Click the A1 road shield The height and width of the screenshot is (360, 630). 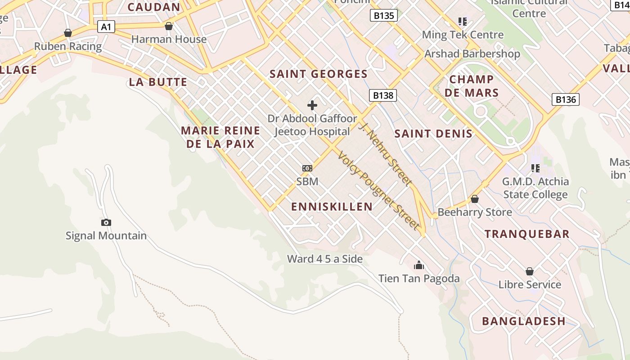click(106, 27)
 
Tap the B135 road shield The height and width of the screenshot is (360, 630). click(384, 16)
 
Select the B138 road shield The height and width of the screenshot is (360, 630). click(383, 95)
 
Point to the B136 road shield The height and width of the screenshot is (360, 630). click(566, 99)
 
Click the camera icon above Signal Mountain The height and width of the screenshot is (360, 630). click(106, 222)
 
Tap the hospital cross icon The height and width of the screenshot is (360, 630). click(312, 105)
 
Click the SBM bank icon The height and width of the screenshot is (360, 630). click(307, 168)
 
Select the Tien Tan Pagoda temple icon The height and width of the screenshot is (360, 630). click(419, 265)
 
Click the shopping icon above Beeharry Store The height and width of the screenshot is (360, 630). click(474, 199)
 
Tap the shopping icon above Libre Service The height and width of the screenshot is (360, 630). click(530, 271)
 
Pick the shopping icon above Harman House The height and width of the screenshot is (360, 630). click(169, 26)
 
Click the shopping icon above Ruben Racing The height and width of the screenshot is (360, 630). click(68, 33)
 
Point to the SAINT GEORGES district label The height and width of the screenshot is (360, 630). click(319, 74)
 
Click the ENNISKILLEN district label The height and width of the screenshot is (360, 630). click(332, 207)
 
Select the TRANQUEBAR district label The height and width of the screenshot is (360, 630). click(527, 234)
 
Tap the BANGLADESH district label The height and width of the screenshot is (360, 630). click(524, 321)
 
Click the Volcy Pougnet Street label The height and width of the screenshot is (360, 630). click(378, 190)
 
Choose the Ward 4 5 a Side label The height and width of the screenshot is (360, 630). click(325, 259)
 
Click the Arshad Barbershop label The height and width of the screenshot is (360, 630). click(472, 54)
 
